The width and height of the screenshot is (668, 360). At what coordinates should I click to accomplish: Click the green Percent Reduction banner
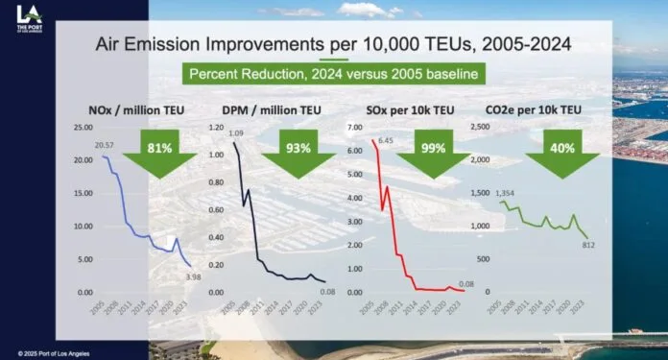[x=332, y=73]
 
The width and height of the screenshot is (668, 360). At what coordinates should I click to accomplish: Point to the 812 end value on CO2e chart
[x=590, y=246]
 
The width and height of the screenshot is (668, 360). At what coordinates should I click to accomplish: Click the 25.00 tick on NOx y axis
[x=84, y=127]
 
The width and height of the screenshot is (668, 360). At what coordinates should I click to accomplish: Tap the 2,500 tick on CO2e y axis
[x=478, y=127]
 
